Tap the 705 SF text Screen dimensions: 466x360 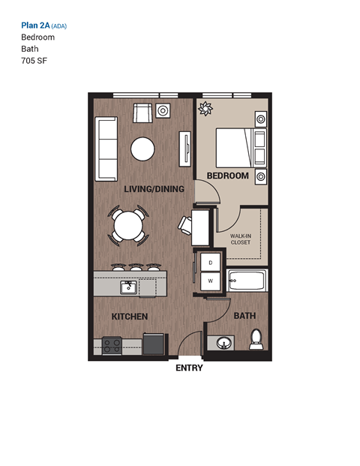[x=34, y=61]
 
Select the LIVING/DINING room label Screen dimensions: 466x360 [x=154, y=190]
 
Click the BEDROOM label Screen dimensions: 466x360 [x=228, y=176]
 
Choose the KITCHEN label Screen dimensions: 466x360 [x=129, y=317]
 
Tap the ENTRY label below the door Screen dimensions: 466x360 [x=189, y=368]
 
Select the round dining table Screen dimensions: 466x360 [x=129, y=224]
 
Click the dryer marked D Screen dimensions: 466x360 [x=211, y=263]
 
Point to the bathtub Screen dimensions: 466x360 [x=247, y=281]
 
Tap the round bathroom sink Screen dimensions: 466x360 [x=223, y=343]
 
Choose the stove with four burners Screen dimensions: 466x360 [x=112, y=345]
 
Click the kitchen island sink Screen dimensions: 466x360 [x=129, y=287]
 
